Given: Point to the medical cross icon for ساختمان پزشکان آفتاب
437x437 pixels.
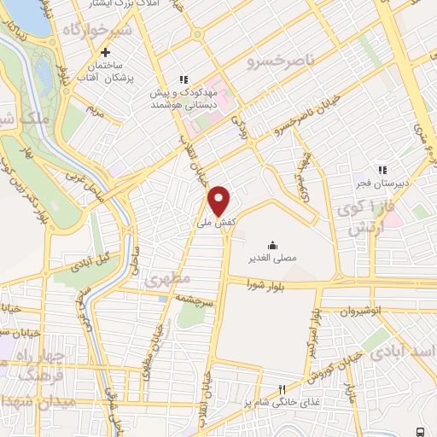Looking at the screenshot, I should point(105,53).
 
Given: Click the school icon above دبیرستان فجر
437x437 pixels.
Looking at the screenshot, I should point(382,170).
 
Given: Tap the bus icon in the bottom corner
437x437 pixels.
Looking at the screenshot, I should point(421,431).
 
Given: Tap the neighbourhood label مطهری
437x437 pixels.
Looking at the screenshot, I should point(163,279).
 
